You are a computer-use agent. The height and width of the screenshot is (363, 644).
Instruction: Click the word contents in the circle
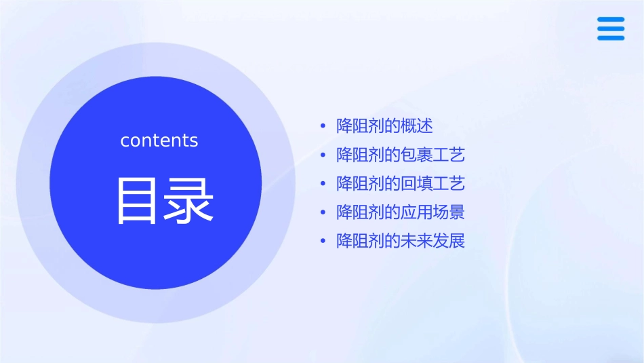pyautogui.click(x=159, y=140)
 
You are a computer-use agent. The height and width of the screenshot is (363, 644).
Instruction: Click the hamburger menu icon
pyautogui.click(x=610, y=28)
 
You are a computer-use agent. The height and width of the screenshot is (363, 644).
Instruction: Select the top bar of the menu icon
pyautogui.click(x=610, y=20)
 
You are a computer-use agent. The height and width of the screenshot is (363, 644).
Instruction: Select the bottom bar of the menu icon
pyautogui.click(x=610, y=38)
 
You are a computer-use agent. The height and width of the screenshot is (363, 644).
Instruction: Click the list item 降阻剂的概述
pyautogui.click(x=384, y=126)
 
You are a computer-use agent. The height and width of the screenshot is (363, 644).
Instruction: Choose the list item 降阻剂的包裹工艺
pyautogui.click(x=401, y=155)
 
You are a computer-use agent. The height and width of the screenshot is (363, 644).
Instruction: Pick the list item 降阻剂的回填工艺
pyautogui.click(x=401, y=183)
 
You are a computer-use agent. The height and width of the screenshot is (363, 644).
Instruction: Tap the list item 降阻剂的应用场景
pyautogui.click(x=401, y=212)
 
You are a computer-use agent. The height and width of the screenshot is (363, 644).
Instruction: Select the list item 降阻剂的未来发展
pyautogui.click(x=401, y=241)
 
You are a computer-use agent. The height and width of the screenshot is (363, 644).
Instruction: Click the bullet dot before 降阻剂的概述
pyautogui.click(x=323, y=126)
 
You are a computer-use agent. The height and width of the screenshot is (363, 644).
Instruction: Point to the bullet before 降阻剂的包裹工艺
pyautogui.click(x=323, y=155)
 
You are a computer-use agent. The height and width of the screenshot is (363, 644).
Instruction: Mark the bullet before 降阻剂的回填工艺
pyautogui.click(x=323, y=184)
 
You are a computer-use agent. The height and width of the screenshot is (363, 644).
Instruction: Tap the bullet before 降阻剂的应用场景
pyautogui.click(x=323, y=212)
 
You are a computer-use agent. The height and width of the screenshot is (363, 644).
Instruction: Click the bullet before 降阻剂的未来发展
pyautogui.click(x=323, y=242)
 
